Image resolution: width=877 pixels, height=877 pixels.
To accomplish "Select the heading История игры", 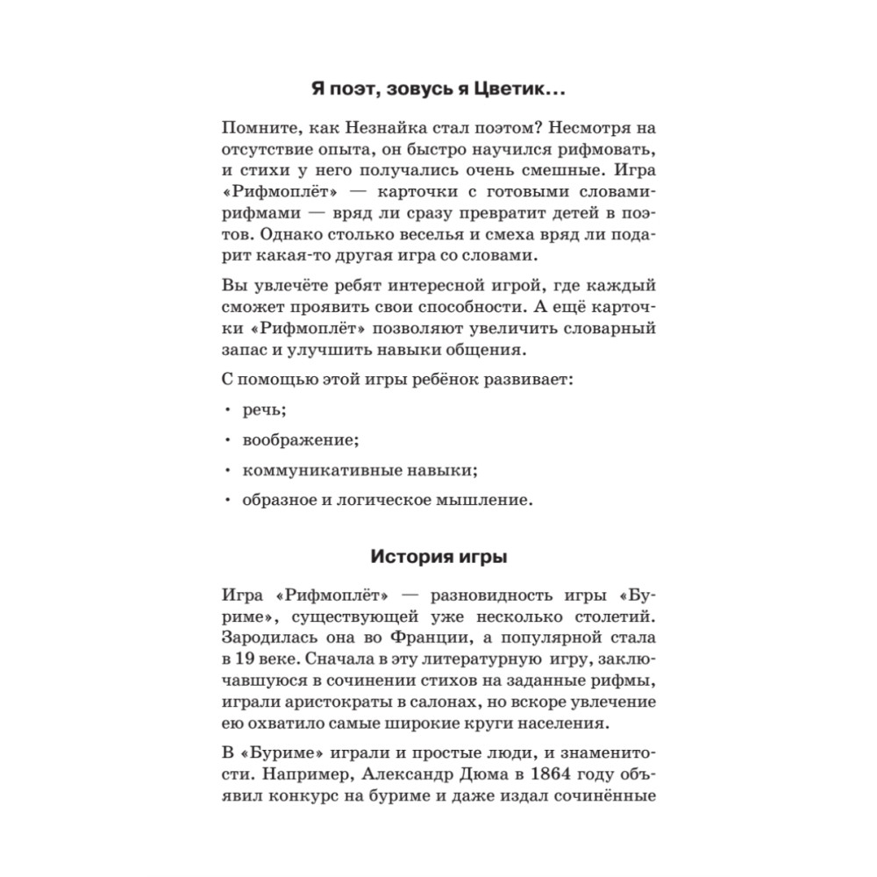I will [x=438, y=557].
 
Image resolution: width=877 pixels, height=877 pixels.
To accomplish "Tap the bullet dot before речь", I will [x=226, y=410].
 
